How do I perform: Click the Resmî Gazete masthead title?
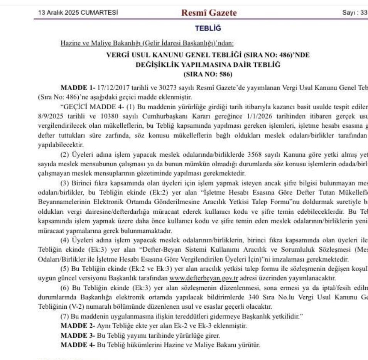[209, 13]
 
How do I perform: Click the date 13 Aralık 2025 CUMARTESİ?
[78, 13]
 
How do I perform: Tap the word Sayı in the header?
[349, 13]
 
